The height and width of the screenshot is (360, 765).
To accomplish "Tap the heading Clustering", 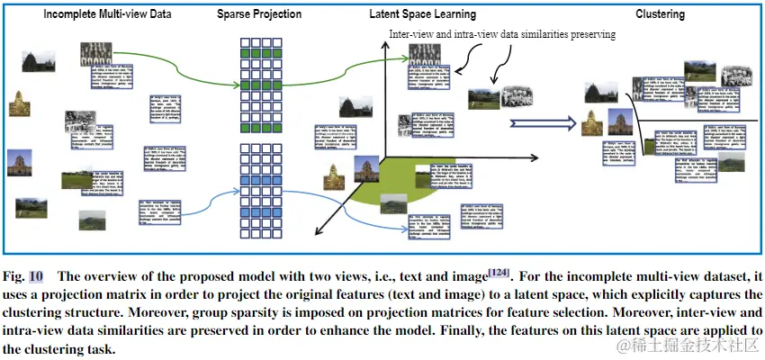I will (660, 14).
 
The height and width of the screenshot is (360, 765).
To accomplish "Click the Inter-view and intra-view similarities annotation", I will (502, 34).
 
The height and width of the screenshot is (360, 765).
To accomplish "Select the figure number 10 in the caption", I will (35, 276).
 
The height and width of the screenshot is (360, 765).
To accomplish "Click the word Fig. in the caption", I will (14, 276).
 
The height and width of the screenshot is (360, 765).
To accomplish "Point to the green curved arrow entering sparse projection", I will (180, 79).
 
